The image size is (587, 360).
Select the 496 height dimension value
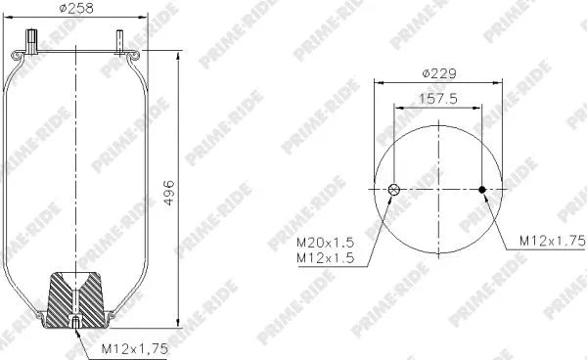pos(167,191)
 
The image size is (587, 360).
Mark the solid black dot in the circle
pos(481,190)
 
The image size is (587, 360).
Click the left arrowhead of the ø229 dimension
pos(376,82)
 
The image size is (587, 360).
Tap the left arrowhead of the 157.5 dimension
pos(396,108)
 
